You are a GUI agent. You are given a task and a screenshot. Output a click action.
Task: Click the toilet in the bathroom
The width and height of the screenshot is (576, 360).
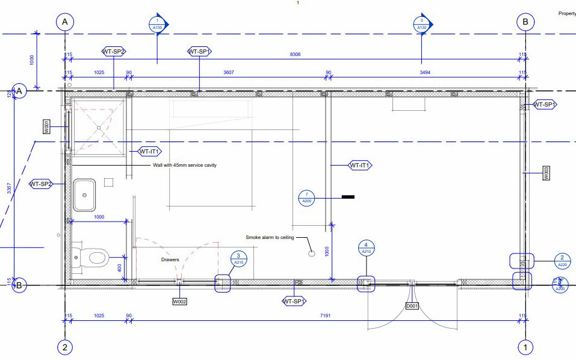(90, 258)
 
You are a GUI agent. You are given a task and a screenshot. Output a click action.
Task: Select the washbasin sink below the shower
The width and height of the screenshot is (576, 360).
(85, 194)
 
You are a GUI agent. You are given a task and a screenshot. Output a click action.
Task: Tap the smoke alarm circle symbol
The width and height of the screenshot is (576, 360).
(312, 253)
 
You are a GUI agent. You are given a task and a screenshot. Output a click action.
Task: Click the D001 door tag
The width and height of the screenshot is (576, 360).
(412, 307)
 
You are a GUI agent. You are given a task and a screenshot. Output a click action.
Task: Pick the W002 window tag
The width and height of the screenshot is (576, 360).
(180, 302)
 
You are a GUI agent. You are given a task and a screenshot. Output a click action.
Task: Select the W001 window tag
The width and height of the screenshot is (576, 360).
(46, 126)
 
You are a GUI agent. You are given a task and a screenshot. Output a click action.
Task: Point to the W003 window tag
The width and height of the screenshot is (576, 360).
(545, 173)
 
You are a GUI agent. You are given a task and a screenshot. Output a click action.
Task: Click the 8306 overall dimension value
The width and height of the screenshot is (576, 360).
(295, 55)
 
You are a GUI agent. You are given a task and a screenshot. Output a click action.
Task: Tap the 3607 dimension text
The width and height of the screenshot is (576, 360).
(229, 73)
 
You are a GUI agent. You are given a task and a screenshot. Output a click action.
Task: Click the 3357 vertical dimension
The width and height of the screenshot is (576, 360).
(8, 188)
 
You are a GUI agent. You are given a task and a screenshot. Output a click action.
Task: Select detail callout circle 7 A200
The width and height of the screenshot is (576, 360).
(307, 198)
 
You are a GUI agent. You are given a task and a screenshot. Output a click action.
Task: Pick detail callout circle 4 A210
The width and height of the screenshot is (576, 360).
(367, 248)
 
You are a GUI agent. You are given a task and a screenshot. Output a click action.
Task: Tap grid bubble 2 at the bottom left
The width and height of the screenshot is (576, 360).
(65, 347)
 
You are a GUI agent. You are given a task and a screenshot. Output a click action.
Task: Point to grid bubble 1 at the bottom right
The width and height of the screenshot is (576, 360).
(525, 347)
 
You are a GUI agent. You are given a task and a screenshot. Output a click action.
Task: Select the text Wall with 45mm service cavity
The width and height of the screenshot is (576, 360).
(184, 165)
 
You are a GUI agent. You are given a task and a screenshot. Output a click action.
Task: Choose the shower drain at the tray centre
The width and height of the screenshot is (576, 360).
(99, 128)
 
